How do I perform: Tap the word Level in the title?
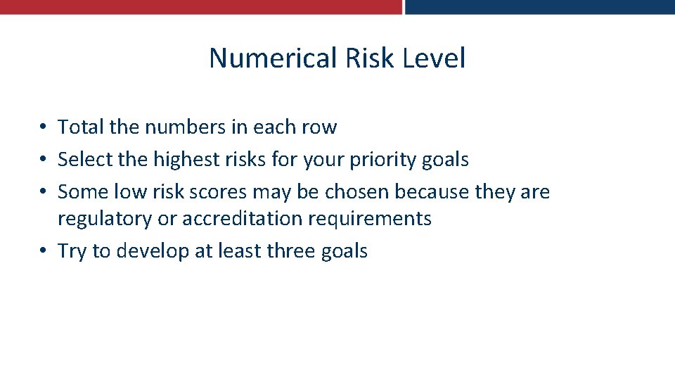click(x=434, y=58)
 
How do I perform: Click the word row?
click(x=320, y=127)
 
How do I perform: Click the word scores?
click(x=219, y=192)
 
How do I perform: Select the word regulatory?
click(x=105, y=219)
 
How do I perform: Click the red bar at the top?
click(x=200, y=7)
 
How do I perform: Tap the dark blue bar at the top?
click(x=540, y=7)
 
